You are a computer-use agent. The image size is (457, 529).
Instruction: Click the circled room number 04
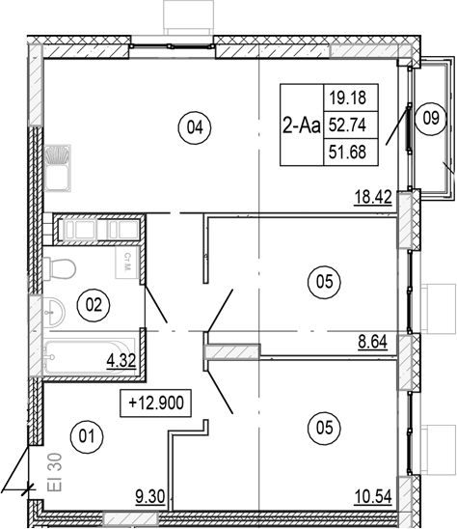[196, 126]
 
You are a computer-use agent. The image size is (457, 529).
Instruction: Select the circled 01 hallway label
[87, 436]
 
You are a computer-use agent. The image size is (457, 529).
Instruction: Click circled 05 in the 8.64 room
[323, 282]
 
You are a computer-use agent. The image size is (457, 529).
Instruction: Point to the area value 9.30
[149, 498]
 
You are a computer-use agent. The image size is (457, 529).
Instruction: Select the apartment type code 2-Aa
[302, 125]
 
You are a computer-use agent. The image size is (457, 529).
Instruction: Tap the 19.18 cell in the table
[349, 97]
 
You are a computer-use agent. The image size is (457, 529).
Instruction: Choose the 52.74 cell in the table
[349, 125]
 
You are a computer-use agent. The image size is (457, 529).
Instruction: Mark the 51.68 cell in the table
[349, 151]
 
